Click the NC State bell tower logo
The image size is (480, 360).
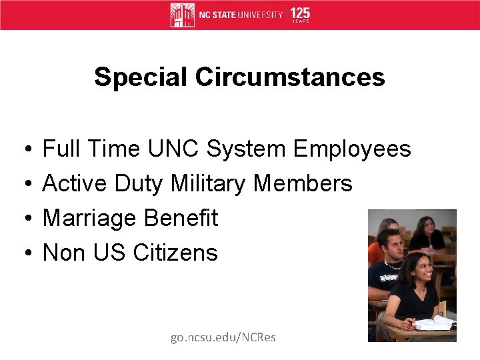tap(182, 15)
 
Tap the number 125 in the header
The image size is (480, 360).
tap(300, 13)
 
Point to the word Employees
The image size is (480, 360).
tap(352, 149)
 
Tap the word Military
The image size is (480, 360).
tap(208, 183)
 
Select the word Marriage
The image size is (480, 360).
tap(91, 218)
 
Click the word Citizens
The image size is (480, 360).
tap(175, 253)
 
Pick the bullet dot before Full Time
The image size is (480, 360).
tap(23, 149)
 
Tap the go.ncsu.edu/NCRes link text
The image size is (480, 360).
tap(223, 337)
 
